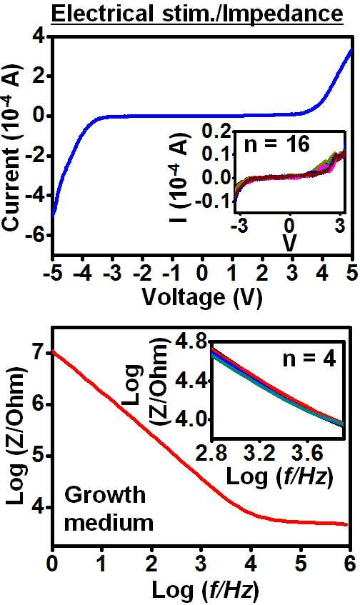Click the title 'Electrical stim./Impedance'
pyautogui.click(x=196, y=14)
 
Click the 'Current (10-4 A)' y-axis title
pyautogui.click(x=13, y=149)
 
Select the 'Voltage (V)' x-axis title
pyautogui.click(x=202, y=297)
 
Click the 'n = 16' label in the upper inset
pyautogui.click(x=277, y=145)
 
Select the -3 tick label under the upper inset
pyautogui.click(x=238, y=227)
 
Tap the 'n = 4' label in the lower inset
pyautogui.click(x=309, y=359)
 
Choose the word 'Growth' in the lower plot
pyautogui.click(x=105, y=495)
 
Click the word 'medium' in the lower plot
pyautogui.click(x=109, y=523)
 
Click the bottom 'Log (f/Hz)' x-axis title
pyautogui.click(x=204, y=589)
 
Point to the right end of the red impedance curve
pyautogui.click(x=347, y=524)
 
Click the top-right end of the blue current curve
pyautogui.click(x=352, y=49)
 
